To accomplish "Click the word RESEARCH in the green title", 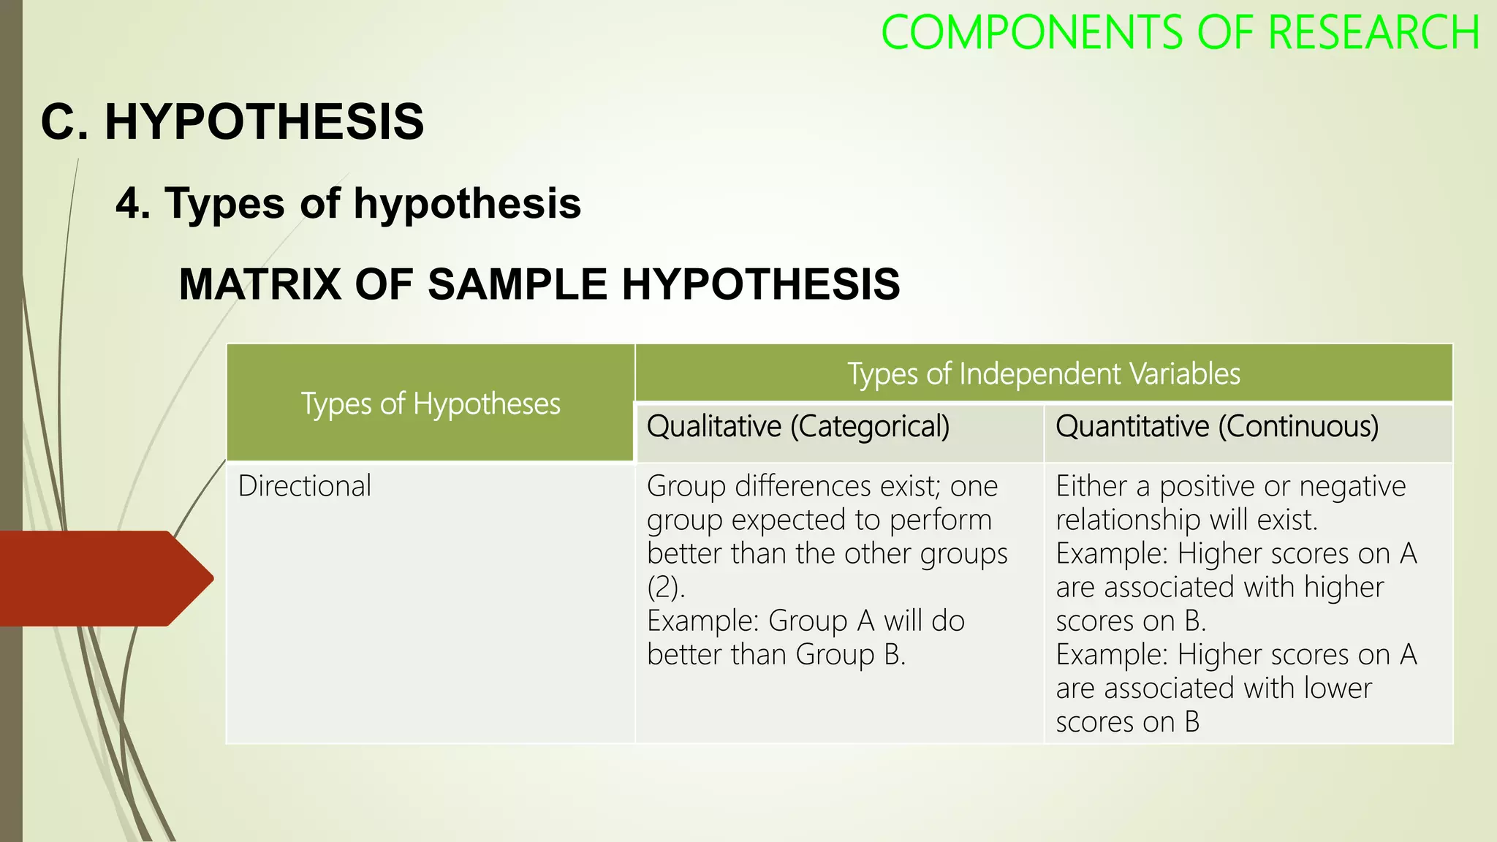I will [1373, 33].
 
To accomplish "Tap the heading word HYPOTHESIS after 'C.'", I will [264, 121].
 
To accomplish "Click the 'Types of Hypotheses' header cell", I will [431, 403].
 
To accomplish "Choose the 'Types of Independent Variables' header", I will [1044, 373].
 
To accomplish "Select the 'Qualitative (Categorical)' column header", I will [798, 426].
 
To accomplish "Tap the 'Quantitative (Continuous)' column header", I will [1217, 426].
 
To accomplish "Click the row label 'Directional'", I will [305, 486].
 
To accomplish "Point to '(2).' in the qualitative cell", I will [666, 587].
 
